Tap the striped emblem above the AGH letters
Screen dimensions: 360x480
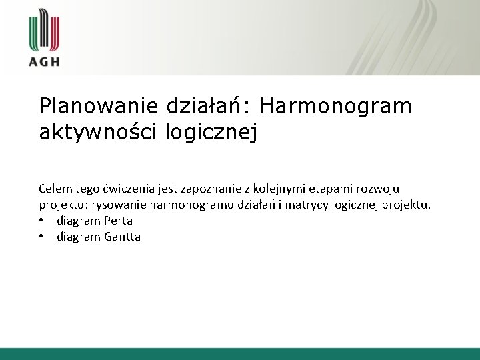[x=44, y=30]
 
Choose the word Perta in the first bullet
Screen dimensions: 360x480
[x=118, y=220]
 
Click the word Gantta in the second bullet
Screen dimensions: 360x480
[x=122, y=236]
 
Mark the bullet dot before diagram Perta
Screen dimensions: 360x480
[x=42, y=220]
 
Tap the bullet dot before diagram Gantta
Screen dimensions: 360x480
[x=42, y=236]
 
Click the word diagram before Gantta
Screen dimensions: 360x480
[x=78, y=236]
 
